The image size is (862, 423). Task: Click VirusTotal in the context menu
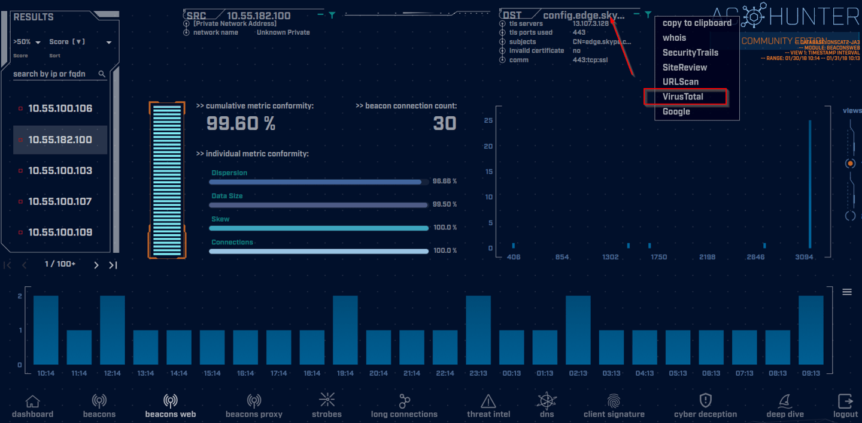[683, 96]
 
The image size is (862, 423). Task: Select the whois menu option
[674, 38]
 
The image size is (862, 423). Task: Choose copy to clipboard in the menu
[697, 23]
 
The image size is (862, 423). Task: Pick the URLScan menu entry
[681, 81]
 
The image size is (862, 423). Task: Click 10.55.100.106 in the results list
[60, 108]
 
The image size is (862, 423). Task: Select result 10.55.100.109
[60, 232]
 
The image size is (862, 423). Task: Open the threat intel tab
[488, 406]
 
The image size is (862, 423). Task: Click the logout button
[845, 406]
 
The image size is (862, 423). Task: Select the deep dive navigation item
[784, 406]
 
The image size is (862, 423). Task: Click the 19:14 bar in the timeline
[345, 330]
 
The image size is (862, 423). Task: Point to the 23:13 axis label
[478, 373]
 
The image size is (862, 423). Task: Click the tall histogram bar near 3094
[810, 184]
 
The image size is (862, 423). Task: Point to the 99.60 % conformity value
[241, 123]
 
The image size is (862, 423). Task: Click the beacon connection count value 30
[445, 123]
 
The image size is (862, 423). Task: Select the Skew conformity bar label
[220, 219]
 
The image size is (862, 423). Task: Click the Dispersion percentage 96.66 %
[444, 181]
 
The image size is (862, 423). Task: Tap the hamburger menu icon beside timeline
[847, 292]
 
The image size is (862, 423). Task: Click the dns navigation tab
[547, 406]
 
